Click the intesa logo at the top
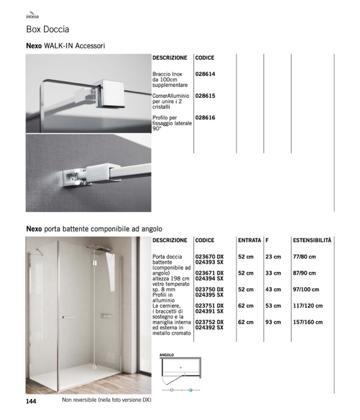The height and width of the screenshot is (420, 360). point(32,16)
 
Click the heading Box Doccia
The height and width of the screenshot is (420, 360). point(48,29)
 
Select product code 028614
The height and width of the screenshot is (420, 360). point(205,74)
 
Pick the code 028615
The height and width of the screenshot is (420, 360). point(205,96)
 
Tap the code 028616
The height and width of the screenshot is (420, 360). point(205,118)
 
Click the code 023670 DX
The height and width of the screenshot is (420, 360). point(209,257)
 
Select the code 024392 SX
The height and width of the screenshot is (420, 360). point(209,328)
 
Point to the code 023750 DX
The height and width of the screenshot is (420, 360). point(209,289)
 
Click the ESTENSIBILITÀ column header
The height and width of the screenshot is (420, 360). point(312,241)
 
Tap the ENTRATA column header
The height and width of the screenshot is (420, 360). point(250,241)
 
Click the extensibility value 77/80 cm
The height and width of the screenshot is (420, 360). point(304,257)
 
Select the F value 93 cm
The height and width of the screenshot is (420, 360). point(273,322)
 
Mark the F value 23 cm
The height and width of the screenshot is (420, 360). point(273,257)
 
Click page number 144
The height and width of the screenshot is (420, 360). point(31,401)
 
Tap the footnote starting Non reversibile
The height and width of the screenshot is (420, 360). point(106,400)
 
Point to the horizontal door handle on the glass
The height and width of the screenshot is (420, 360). point(69,317)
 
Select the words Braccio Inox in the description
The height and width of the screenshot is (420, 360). point(167,74)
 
